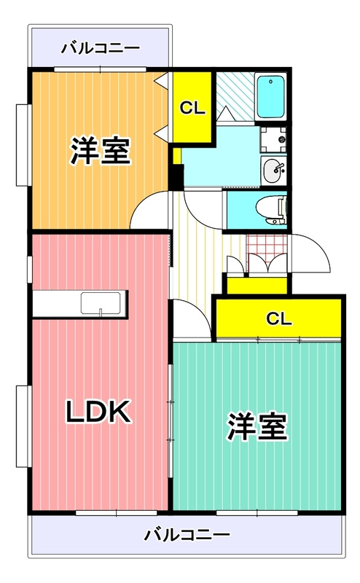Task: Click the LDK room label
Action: (98, 411)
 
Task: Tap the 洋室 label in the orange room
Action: (100, 151)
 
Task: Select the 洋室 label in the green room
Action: (257, 426)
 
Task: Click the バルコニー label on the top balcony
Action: (101, 48)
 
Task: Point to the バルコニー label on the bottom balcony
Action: (187, 535)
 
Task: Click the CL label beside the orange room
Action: (192, 108)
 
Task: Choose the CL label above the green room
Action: (279, 318)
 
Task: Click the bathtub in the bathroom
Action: (270, 96)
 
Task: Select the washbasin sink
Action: (274, 171)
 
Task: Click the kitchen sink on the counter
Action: (101, 304)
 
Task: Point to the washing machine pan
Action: (273, 140)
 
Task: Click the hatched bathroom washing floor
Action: (235, 96)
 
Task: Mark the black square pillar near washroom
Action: (176, 177)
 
